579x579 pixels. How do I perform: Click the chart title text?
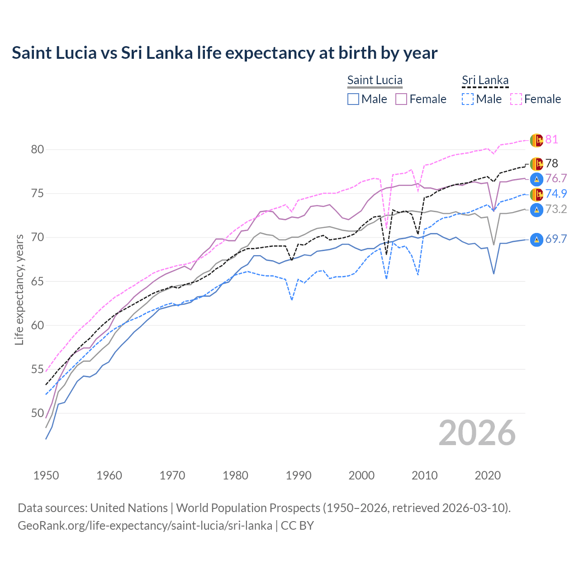(224, 53)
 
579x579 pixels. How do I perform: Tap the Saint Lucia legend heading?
(375, 80)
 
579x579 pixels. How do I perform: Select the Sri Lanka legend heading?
(485, 80)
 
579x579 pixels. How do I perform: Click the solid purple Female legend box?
(401, 99)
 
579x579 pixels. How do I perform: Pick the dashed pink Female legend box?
(516, 99)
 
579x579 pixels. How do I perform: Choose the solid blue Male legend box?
(353, 99)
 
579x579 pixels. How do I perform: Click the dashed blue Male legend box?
(468, 99)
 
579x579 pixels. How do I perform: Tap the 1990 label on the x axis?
(299, 475)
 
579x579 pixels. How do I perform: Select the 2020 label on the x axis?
(488, 475)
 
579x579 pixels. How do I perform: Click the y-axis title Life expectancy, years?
(19, 289)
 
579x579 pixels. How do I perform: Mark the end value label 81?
(551, 140)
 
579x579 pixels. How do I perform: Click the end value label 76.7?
(556, 179)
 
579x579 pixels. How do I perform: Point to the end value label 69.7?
(556, 239)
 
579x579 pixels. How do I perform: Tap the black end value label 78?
(551, 163)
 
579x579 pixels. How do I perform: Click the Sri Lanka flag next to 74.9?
(536, 195)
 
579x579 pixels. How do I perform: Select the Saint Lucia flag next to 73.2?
(536, 209)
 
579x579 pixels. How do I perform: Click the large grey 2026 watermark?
(477, 433)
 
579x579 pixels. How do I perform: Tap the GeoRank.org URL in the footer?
(145, 526)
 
